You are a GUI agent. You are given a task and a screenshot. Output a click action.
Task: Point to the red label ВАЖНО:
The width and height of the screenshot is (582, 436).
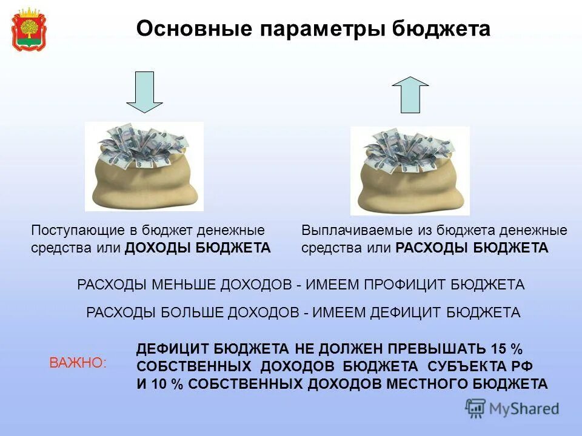coord(77,363)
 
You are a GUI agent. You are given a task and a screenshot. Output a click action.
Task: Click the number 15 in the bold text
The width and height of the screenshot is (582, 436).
coord(499,349)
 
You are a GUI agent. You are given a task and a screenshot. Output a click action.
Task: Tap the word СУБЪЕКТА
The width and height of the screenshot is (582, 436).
coord(469,366)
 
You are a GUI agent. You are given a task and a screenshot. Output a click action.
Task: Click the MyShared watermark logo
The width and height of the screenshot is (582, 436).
coord(512,409)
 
